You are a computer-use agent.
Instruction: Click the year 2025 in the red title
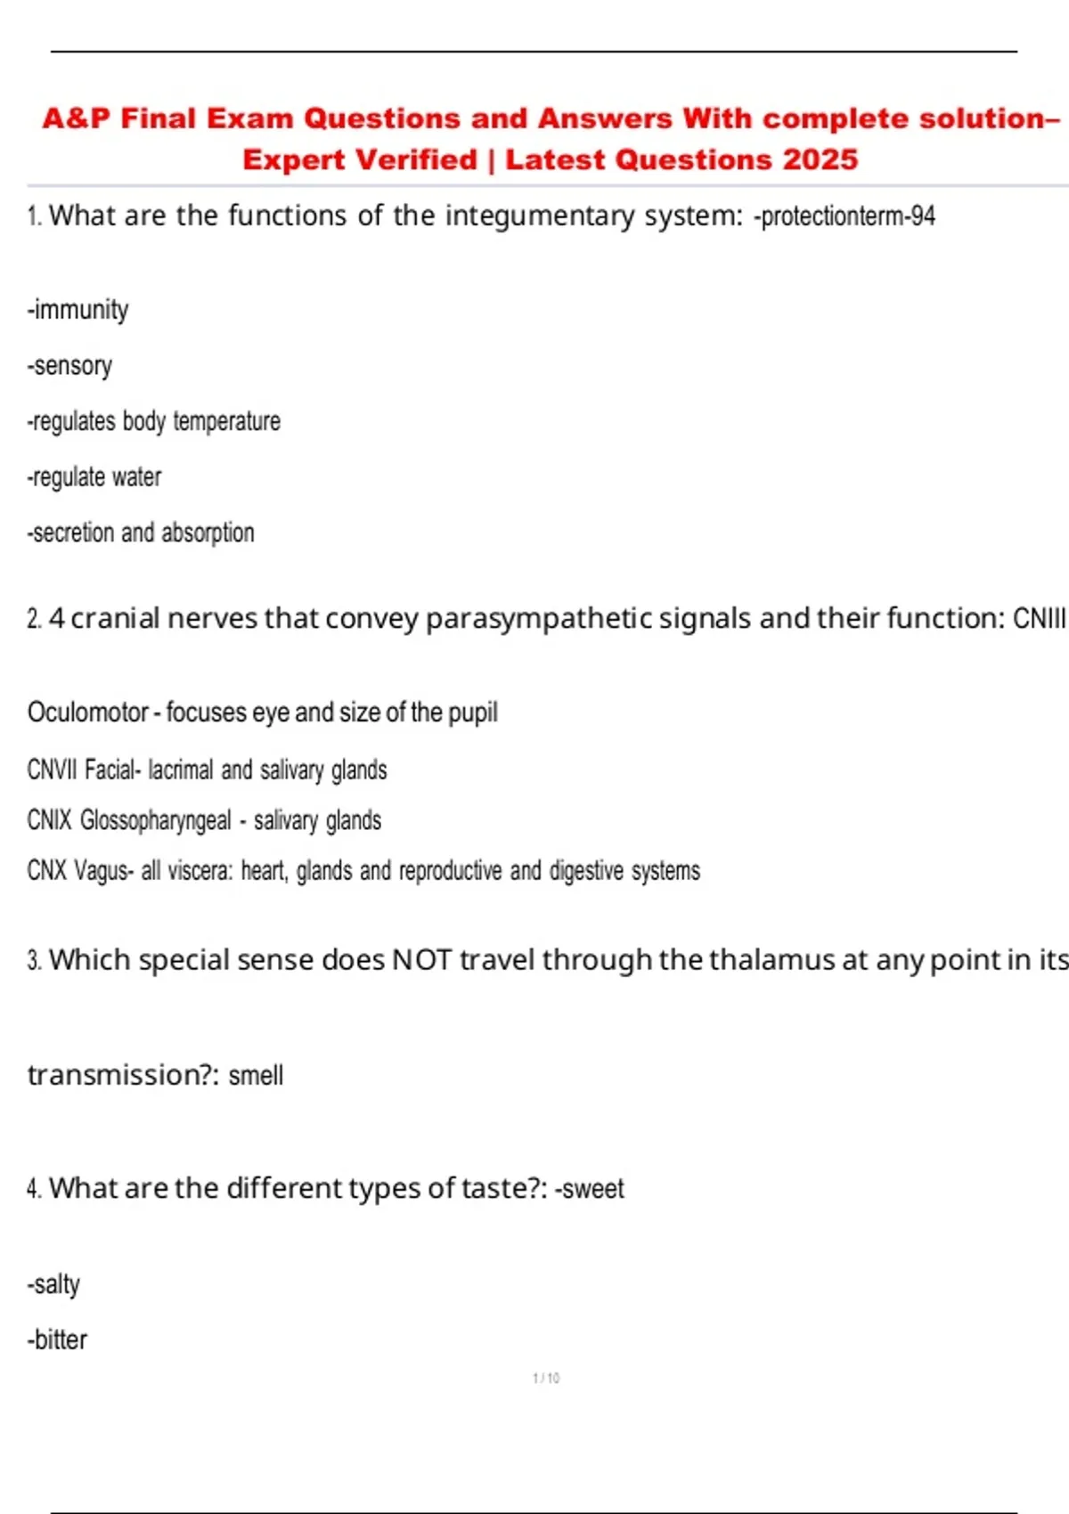click(820, 159)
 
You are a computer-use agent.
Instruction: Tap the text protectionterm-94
click(845, 216)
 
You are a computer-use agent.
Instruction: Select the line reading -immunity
click(78, 310)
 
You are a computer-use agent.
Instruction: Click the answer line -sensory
click(69, 366)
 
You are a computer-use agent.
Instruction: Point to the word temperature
click(226, 421)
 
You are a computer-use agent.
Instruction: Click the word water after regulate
click(136, 477)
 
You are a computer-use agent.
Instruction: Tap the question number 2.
click(34, 619)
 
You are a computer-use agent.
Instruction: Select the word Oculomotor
click(87, 712)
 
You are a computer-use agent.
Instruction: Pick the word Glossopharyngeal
click(155, 820)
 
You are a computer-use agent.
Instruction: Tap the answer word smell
click(256, 1076)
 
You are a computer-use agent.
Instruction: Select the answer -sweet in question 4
click(590, 1189)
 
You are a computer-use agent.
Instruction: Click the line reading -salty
click(53, 1284)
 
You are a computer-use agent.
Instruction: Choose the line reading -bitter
click(57, 1339)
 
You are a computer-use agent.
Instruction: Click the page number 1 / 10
click(546, 1379)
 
